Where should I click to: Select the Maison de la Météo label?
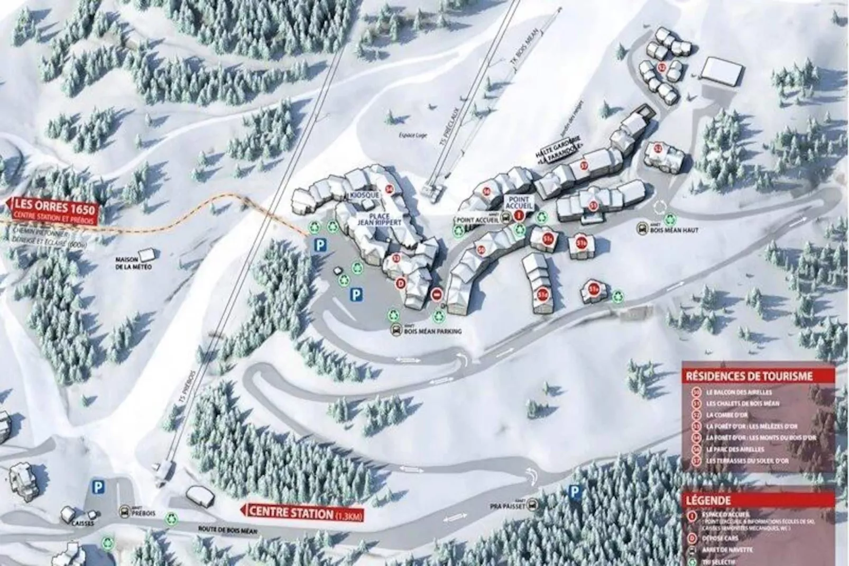[134, 263]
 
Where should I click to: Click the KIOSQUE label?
[365, 196]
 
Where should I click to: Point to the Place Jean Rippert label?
[379, 220]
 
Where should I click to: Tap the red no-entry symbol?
[437, 294]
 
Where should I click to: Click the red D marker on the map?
[401, 284]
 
